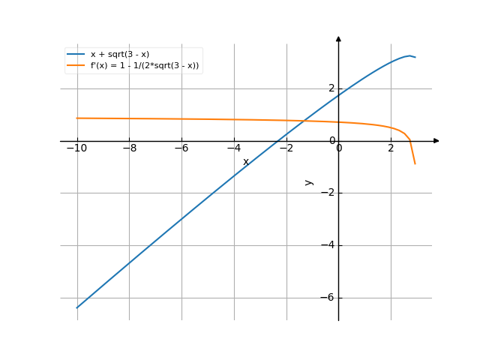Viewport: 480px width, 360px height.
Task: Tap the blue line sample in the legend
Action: pos(76,55)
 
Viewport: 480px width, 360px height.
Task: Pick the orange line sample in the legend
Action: pos(76,66)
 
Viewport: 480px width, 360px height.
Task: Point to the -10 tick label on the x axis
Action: pos(76,148)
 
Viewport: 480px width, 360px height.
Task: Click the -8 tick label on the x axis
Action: pos(129,148)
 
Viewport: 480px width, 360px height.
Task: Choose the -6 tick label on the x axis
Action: pos(181,148)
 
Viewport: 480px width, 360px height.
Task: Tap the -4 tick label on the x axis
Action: pos(234,148)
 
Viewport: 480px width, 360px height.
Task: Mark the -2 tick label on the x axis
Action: pos(286,148)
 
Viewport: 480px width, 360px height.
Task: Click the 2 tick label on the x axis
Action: pos(391,148)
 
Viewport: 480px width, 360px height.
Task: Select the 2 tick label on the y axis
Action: pos(331,88)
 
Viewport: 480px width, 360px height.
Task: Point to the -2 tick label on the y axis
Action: pos(328,193)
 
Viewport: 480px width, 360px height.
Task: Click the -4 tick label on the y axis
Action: pos(328,245)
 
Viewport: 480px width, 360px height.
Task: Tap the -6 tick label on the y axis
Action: pos(328,298)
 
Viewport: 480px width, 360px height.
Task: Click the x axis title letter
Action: pos(245,161)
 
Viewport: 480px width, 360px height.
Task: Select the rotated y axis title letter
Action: pos(308,182)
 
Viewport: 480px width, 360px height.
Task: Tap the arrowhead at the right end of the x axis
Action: pos(436,140)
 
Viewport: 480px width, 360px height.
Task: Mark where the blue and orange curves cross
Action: pos(304,121)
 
